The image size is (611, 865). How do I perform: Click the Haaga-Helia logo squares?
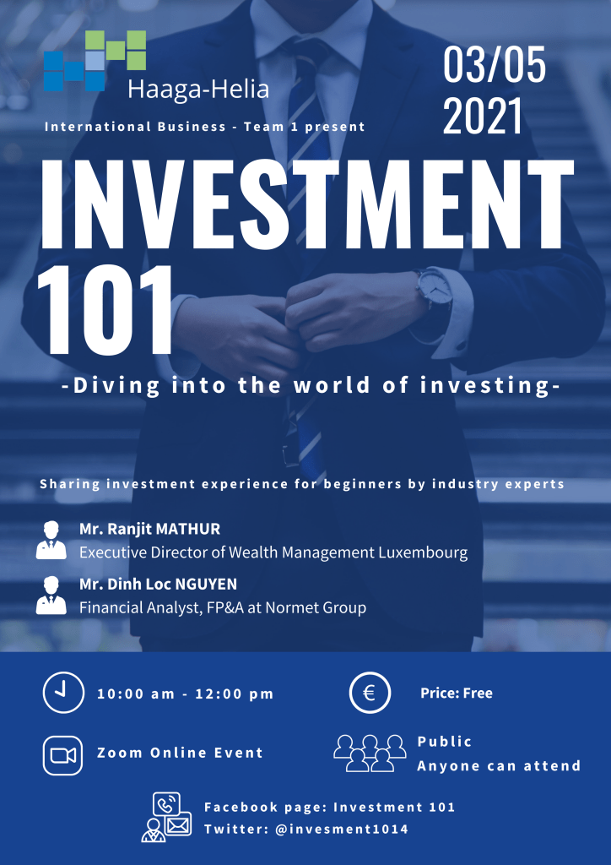click(x=95, y=61)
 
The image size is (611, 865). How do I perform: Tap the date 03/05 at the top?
click(x=495, y=64)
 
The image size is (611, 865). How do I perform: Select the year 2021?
click(x=483, y=116)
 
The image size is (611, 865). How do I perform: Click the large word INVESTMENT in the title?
click(x=305, y=204)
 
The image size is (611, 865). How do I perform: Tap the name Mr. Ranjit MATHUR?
click(x=150, y=529)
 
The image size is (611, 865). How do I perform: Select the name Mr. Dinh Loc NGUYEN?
click(x=158, y=584)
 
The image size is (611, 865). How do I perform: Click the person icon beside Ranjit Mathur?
click(x=51, y=540)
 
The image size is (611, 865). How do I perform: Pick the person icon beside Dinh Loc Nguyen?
click(x=51, y=595)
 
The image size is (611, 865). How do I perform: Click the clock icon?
click(x=63, y=693)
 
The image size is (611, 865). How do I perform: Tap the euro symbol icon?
click(x=370, y=693)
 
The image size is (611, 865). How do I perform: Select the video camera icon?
click(x=62, y=755)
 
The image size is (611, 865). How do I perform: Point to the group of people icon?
click(x=370, y=753)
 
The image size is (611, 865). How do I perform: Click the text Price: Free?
click(x=457, y=693)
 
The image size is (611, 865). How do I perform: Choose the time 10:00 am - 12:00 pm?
click(x=186, y=694)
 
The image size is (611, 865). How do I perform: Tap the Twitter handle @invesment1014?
click(x=342, y=830)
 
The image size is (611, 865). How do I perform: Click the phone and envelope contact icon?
click(x=166, y=817)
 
